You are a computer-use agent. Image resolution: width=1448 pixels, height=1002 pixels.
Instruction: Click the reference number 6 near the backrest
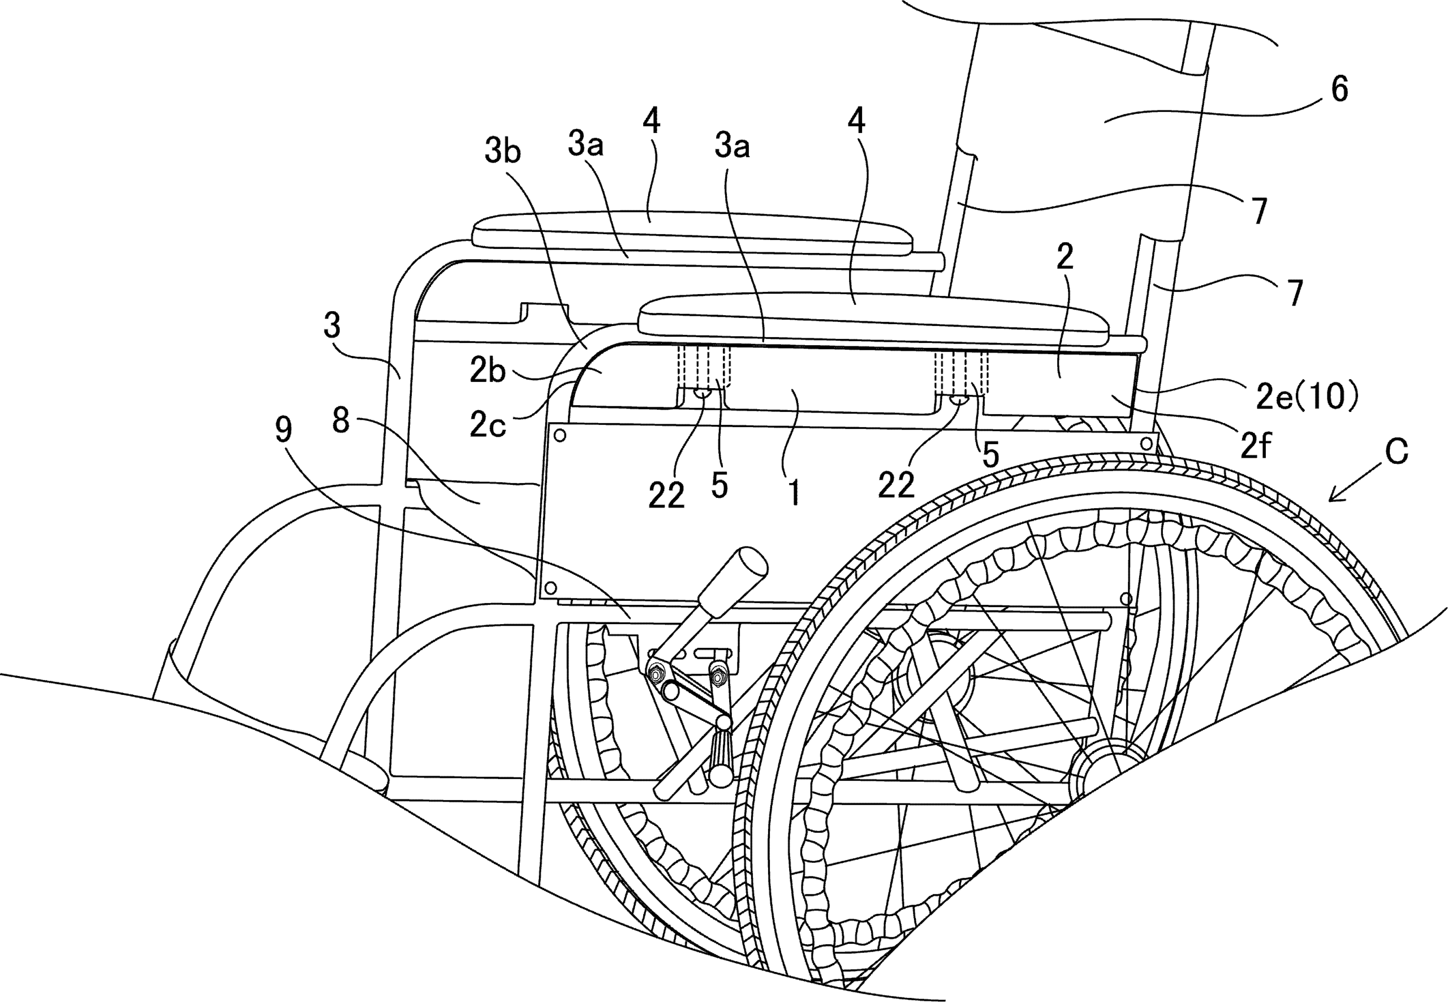click(1339, 89)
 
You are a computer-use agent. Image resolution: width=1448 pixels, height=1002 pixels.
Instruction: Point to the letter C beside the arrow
click(1396, 452)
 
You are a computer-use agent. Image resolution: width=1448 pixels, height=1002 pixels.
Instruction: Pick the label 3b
click(503, 150)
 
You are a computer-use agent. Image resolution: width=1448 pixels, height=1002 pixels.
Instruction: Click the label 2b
click(488, 372)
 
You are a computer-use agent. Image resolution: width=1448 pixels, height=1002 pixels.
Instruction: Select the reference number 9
click(284, 431)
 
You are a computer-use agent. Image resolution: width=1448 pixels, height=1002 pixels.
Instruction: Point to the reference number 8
click(341, 422)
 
